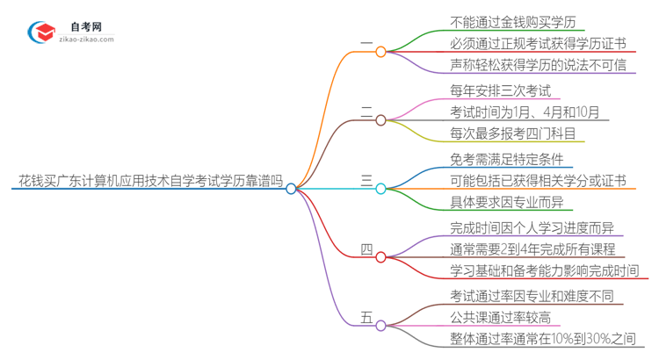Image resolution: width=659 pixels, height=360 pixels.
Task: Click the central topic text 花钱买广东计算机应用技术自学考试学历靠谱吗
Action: (150, 182)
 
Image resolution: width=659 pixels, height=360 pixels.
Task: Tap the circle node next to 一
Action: (380, 52)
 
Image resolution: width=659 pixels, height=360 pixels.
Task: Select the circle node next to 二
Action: (380, 119)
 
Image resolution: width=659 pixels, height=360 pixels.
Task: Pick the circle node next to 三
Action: (380, 188)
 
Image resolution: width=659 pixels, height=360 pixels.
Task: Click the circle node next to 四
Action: (380, 256)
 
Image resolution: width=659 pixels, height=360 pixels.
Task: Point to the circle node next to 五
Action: (380, 325)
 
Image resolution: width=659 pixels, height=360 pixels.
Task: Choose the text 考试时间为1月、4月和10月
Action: (525, 112)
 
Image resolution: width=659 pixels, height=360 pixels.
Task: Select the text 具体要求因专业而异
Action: (499, 202)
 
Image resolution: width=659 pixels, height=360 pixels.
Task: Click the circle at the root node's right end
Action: (291, 188)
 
